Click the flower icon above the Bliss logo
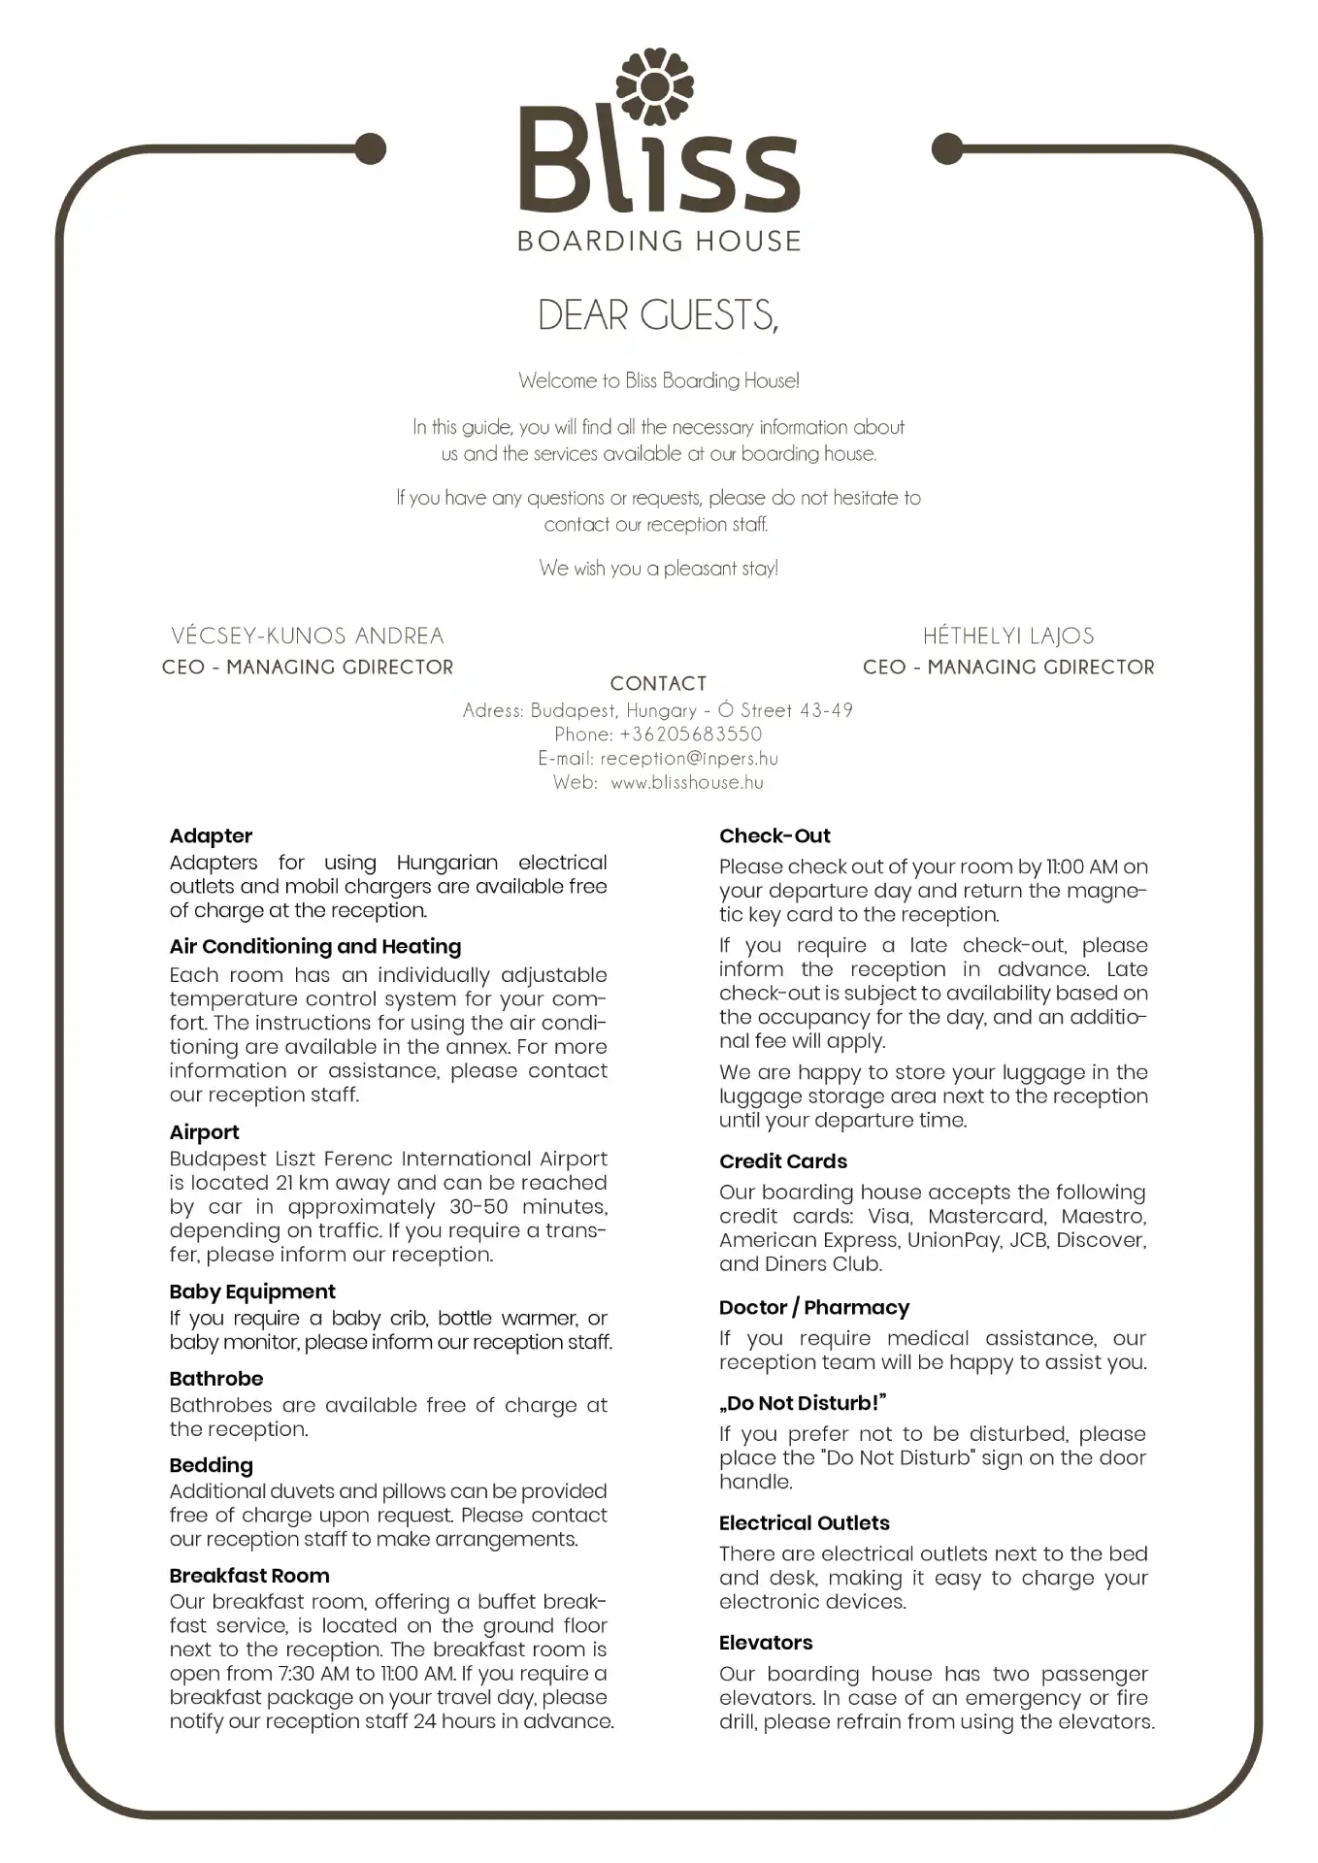click(x=655, y=87)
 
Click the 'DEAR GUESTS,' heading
click(x=658, y=315)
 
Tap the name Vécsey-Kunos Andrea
click(x=308, y=636)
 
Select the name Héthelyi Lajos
click(x=1008, y=636)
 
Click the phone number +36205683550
click(x=690, y=735)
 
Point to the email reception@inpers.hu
click(x=689, y=759)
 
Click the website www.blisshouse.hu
click(x=687, y=783)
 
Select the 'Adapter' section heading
click(x=211, y=836)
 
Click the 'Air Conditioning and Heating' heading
click(x=315, y=947)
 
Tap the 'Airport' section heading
click(x=204, y=1132)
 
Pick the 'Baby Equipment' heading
click(x=252, y=1292)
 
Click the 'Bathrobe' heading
click(x=216, y=1379)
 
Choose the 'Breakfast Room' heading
click(x=249, y=1576)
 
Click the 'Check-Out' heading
click(x=774, y=836)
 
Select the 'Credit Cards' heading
click(x=783, y=1161)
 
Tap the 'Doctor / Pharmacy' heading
click(x=814, y=1308)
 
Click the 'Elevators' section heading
click(x=766, y=1643)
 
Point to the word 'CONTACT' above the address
click(x=658, y=683)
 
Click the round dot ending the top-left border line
click(x=370, y=148)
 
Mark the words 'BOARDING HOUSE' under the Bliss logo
click(x=659, y=241)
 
